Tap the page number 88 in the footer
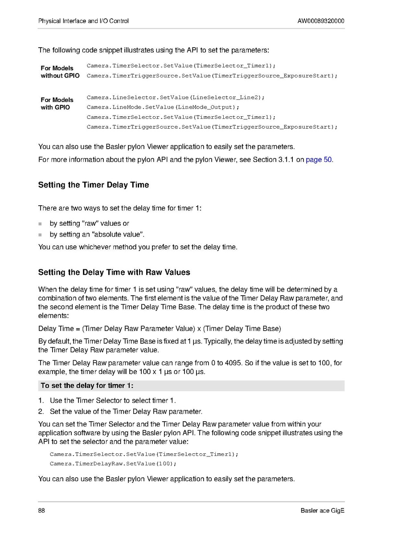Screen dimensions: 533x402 coord(42,510)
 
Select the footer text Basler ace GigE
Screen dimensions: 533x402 coord(322,510)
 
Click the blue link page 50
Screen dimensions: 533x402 coord(319,159)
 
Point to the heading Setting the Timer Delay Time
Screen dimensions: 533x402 coord(94,185)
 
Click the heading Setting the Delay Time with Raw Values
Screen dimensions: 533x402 coord(114,272)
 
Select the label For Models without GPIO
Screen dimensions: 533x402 coord(60,72)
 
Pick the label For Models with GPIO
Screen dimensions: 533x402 coord(57,103)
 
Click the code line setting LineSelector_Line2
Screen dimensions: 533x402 coord(176,97)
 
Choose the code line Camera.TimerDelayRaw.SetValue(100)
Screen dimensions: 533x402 coord(113,464)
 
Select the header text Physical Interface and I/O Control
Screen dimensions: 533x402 coord(83,21)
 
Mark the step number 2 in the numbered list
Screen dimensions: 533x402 coord(41,411)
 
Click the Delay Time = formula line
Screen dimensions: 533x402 coord(160,329)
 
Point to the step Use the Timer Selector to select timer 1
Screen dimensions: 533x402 coord(116,401)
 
